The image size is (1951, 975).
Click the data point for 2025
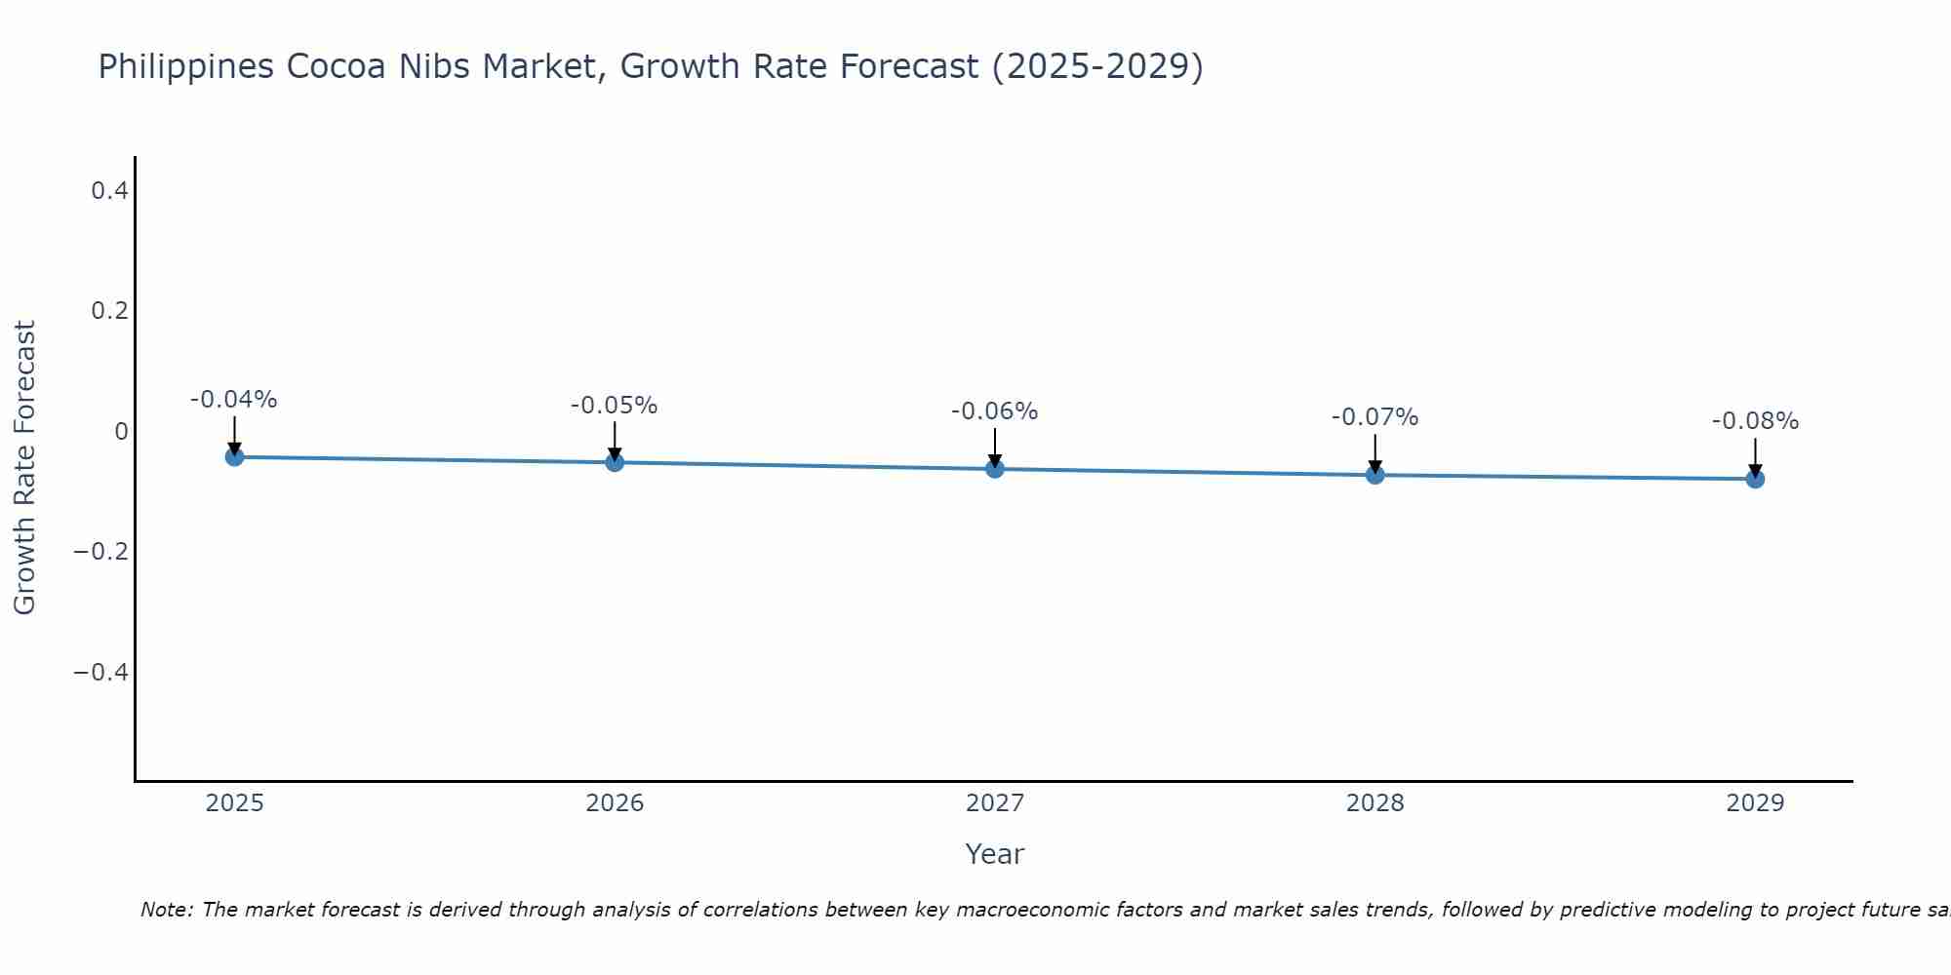tap(234, 456)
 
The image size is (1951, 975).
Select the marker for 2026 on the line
tap(615, 462)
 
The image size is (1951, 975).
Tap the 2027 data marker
tap(995, 469)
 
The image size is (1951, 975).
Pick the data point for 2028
tap(1375, 475)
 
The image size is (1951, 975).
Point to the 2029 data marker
tap(1755, 479)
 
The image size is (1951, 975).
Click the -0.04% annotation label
tap(234, 400)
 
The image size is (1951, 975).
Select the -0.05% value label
tap(615, 406)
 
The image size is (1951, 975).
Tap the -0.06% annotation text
tap(995, 411)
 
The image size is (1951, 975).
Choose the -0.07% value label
tap(1375, 417)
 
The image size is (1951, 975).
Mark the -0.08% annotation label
tap(1755, 421)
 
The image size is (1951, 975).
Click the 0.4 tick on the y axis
tap(110, 191)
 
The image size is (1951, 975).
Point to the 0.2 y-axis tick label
tap(110, 311)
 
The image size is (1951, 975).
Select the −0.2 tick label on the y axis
tap(101, 552)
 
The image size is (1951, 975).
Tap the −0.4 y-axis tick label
tap(101, 673)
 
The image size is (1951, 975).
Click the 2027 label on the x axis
tap(995, 803)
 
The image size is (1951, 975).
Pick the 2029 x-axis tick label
tap(1755, 803)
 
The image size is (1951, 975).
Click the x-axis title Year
tap(995, 854)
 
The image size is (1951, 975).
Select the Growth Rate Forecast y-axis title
tap(24, 468)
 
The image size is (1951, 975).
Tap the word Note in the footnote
tap(165, 910)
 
